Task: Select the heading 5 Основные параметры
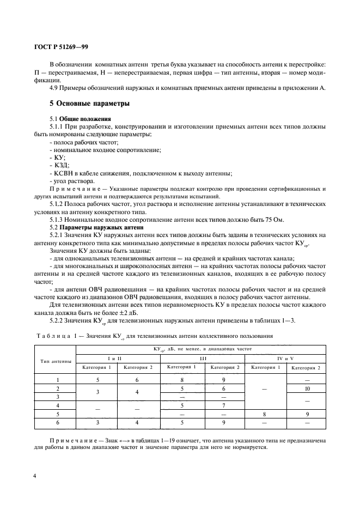click(90, 104)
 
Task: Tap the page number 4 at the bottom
click(35, 476)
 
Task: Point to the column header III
click(204, 357)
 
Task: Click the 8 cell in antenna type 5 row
click(265, 414)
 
